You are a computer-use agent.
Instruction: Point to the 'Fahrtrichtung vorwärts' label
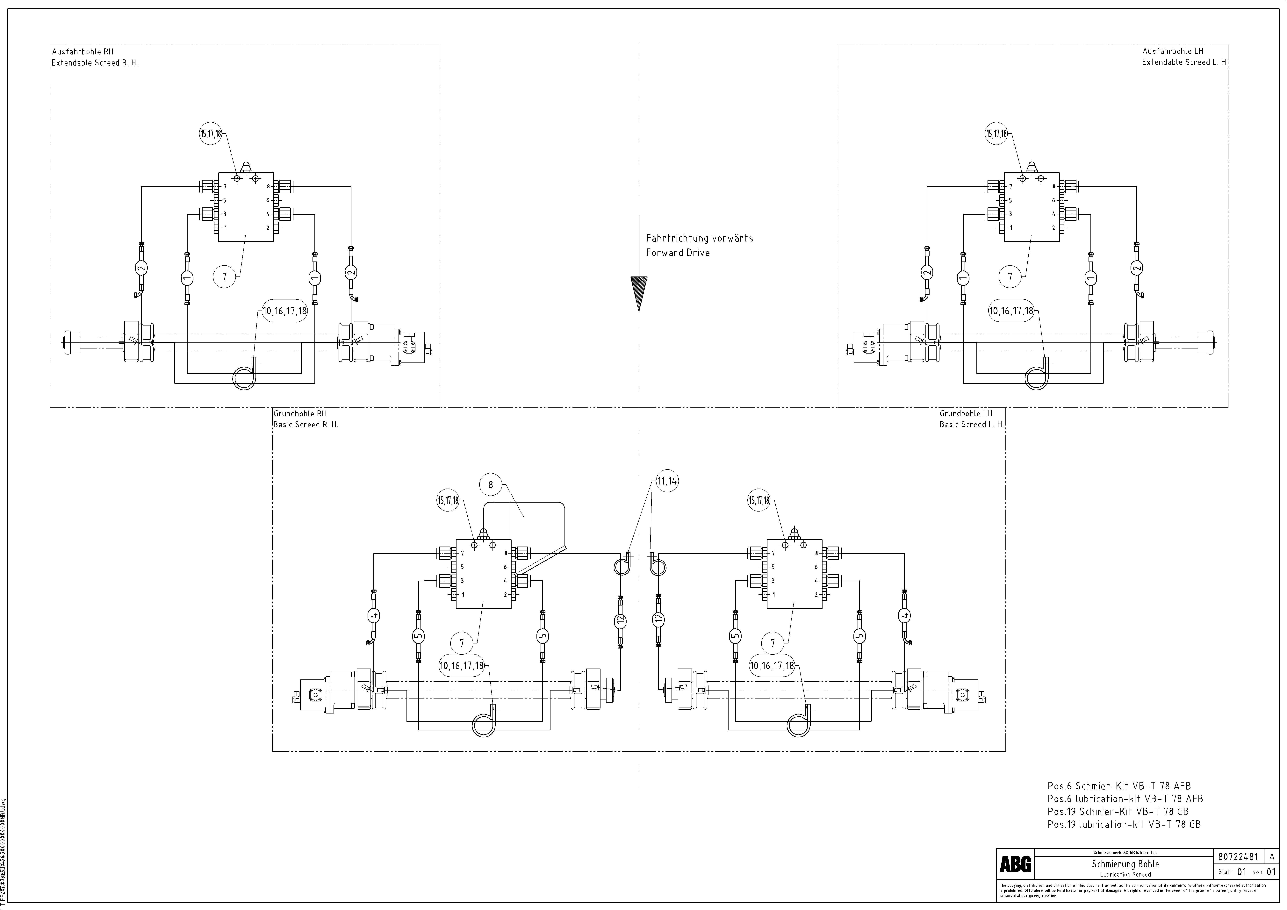(x=699, y=238)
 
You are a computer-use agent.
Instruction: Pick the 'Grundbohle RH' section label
(x=300, y=413)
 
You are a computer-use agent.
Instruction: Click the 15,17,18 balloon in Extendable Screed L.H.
(x=997, y=134)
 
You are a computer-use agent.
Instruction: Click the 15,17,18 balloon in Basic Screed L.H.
(x=759, y=500)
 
